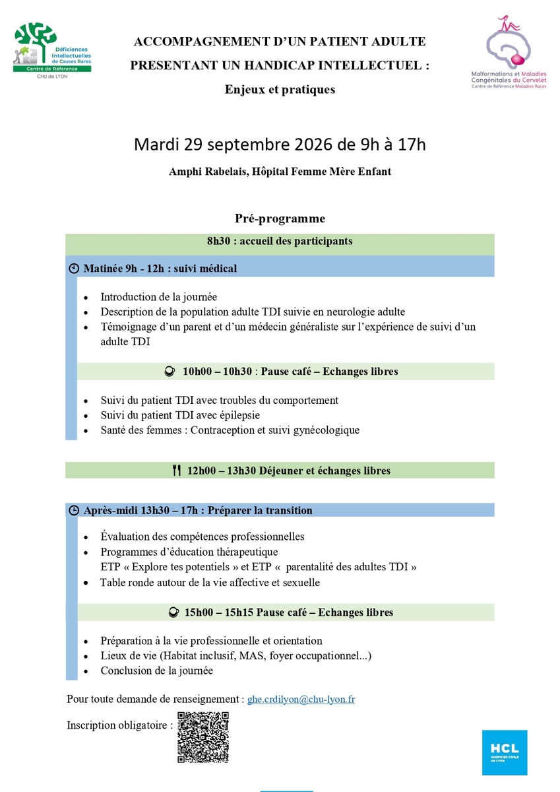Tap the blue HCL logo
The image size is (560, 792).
[505, 752]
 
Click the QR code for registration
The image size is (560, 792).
[203, 737]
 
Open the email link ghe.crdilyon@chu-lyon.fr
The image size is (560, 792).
[301, 699]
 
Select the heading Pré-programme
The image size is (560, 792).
[280, 218]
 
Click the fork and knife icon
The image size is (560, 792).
[176, 471]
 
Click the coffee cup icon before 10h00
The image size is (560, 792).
[169, 372]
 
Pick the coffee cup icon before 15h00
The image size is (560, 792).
[173, 612]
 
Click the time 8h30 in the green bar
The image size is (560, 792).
[218, 241]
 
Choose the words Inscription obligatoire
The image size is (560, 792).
[119, 725]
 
